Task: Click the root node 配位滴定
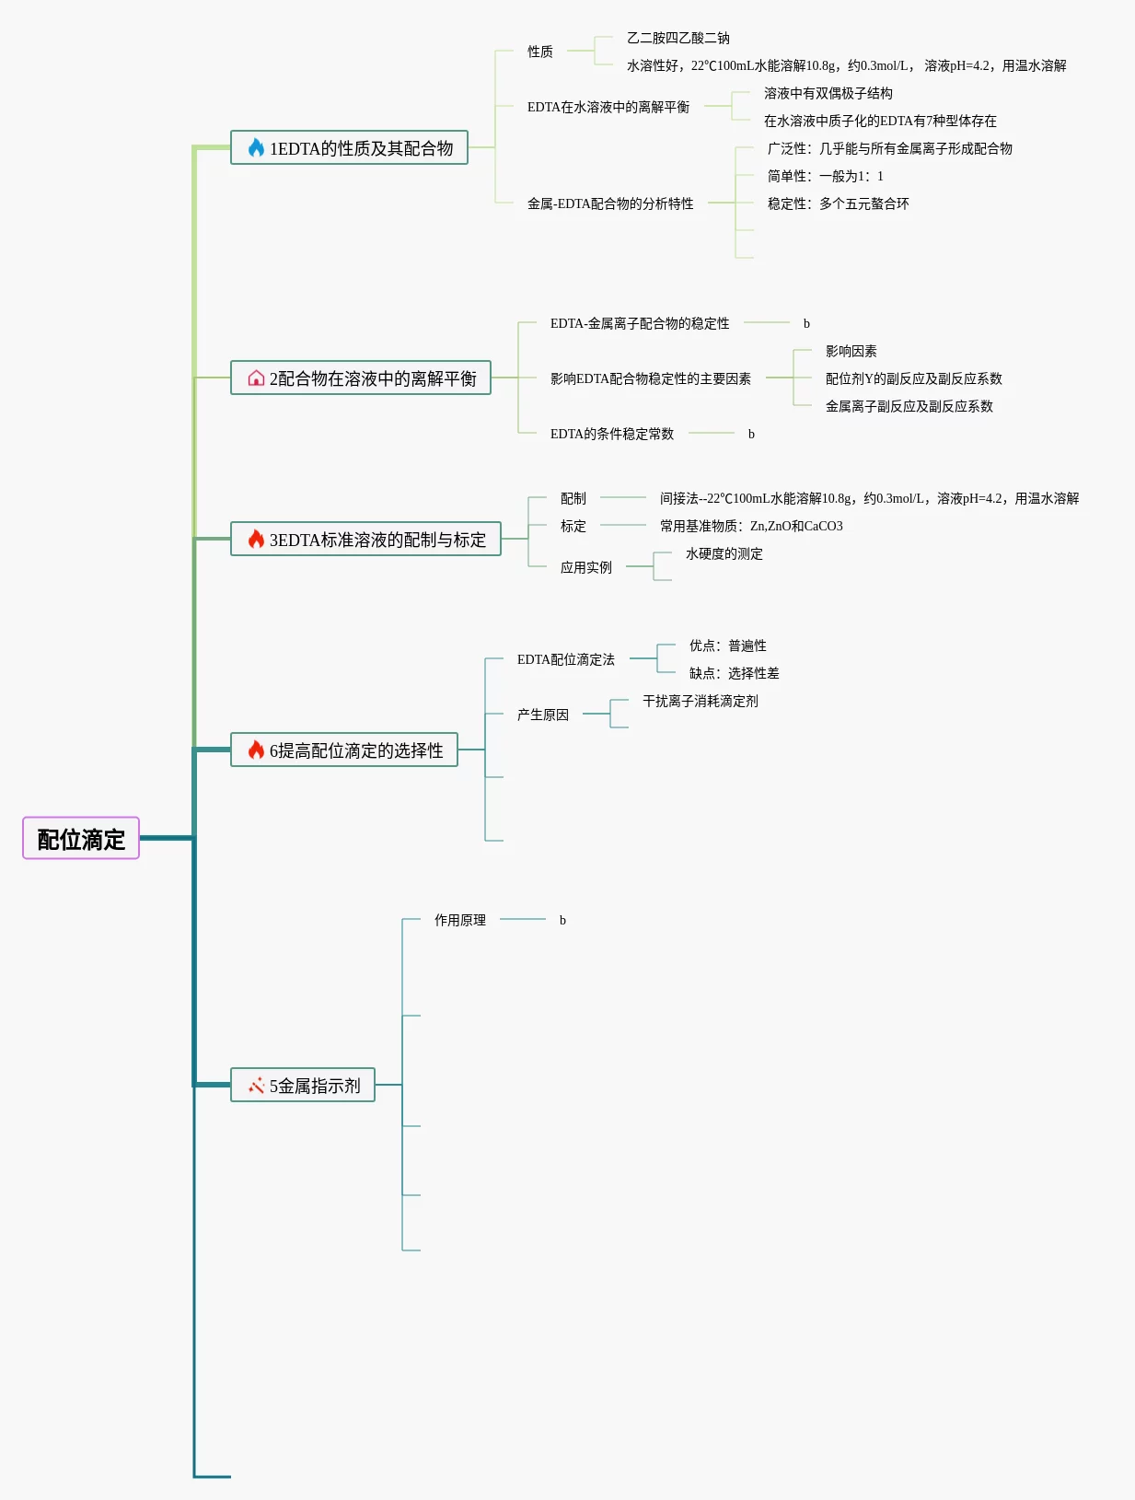(x=81, y=838)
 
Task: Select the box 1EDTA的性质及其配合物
(x=349, y=147)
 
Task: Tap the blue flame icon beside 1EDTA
(x=256, y=147)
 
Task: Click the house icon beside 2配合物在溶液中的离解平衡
(x=256, y=378)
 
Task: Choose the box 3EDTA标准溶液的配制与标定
(x=365, y=540)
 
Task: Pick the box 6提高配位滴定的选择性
(x=344, y=750)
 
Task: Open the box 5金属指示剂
(x=303, y=1085)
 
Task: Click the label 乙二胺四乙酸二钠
(x=678, y=39)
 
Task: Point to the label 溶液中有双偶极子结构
(x=828, y=94)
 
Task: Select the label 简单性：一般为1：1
(x=825, y=176)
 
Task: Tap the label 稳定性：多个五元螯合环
(x=838, y=203)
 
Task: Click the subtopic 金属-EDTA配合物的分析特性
(x=609, y=203)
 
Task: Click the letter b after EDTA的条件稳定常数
(x=751, y=434)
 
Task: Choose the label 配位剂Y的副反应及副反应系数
(x=914, y=378)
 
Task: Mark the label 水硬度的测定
(x=724, y=553)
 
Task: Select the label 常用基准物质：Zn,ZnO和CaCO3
(x=751, y=526)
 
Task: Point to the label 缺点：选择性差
(x=735, y=673)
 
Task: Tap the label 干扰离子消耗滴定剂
(x=700, y=701)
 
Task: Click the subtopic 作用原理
(x=460, y=920)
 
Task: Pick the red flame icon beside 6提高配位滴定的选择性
(x=256, y=750)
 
